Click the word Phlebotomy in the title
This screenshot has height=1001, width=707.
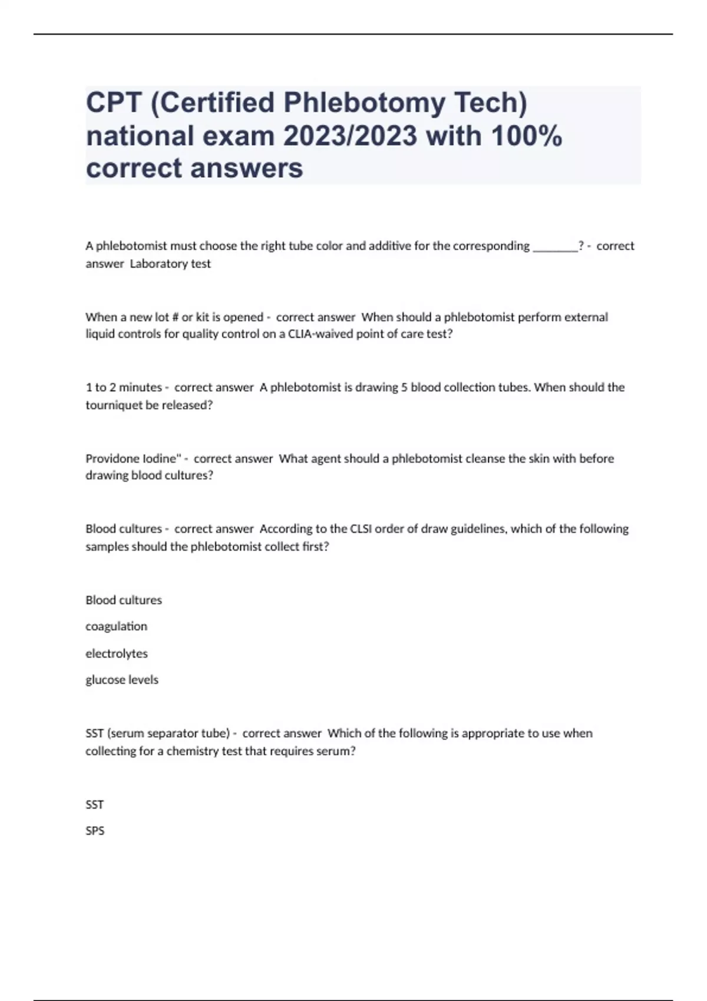click(x=365, y=104)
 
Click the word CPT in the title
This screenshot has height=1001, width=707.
click(x=114, y=104)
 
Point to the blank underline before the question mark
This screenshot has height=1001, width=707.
click(x=555, y=247)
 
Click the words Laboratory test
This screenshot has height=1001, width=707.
click(x=170, y=264)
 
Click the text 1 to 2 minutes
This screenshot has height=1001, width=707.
click(x=124, y=387)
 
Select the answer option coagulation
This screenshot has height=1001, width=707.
click(x=116, y=627)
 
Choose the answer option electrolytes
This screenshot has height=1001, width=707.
click(x=117, y=654)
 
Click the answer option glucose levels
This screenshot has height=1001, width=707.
click(x=122, y=680)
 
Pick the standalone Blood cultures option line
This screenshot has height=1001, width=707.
click(x=124, y=600)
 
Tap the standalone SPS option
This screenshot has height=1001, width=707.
click(x=95, y=831)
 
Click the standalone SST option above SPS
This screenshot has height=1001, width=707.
click(x=95, y=804)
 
